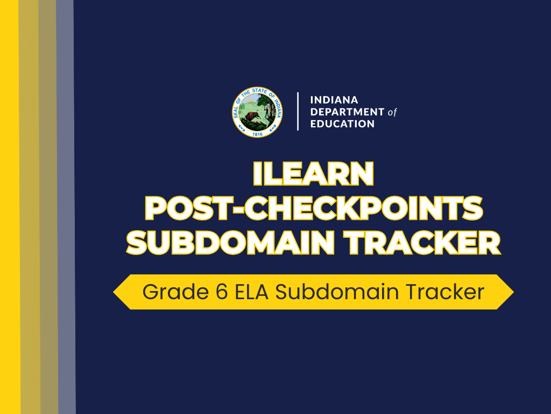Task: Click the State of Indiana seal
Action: coord(257,112)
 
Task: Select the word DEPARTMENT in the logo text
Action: coord(347,112)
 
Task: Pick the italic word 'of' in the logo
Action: coord(392,112)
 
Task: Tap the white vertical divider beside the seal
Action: coord(298,112)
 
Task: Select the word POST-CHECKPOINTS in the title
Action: coord(314,208)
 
